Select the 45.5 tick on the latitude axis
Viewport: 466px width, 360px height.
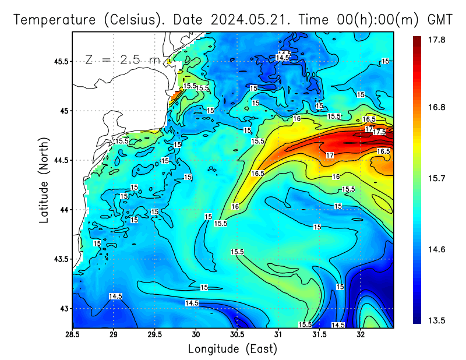(59, 61)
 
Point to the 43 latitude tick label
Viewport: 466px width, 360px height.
(63, 308)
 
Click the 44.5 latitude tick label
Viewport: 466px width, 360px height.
(59, 160)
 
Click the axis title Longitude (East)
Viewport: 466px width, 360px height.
(232, 348)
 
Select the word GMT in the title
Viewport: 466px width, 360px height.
(440, 20)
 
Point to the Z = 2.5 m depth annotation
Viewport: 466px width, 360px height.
(122, 60)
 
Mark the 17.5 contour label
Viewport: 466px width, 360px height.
(379, 132)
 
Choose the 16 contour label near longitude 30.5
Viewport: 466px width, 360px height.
(235, 206)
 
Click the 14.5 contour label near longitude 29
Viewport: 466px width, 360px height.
(116, 297)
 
